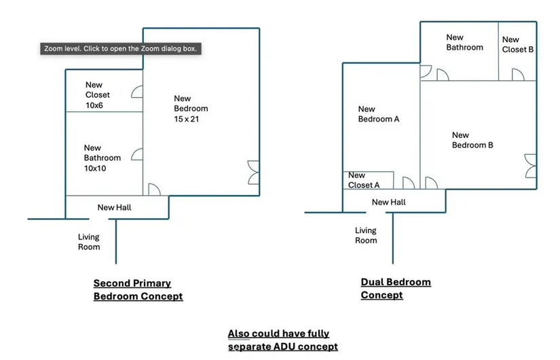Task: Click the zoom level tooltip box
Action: [121, 49]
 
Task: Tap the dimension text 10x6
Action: [94, 105]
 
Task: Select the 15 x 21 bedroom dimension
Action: [187, 119]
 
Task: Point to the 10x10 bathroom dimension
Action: [95, 168]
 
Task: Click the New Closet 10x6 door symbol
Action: [137, 92]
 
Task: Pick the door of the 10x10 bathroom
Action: [137, 154]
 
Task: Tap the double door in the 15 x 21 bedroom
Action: [253, 173]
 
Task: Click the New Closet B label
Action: [518, 44]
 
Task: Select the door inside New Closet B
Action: [518, 74]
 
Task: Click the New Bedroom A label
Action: [379, 114]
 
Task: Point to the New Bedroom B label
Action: [472, 140]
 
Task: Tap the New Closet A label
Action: [364, 180]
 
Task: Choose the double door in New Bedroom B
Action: [530, 166]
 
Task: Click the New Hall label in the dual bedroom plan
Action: [388, 202]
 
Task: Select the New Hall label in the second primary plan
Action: [114, 208]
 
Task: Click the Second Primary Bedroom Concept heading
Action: [138, 289]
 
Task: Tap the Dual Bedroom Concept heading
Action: [396, 289]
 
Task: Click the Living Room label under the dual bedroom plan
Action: [366, 235]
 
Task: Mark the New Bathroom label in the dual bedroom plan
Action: [465, 42]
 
